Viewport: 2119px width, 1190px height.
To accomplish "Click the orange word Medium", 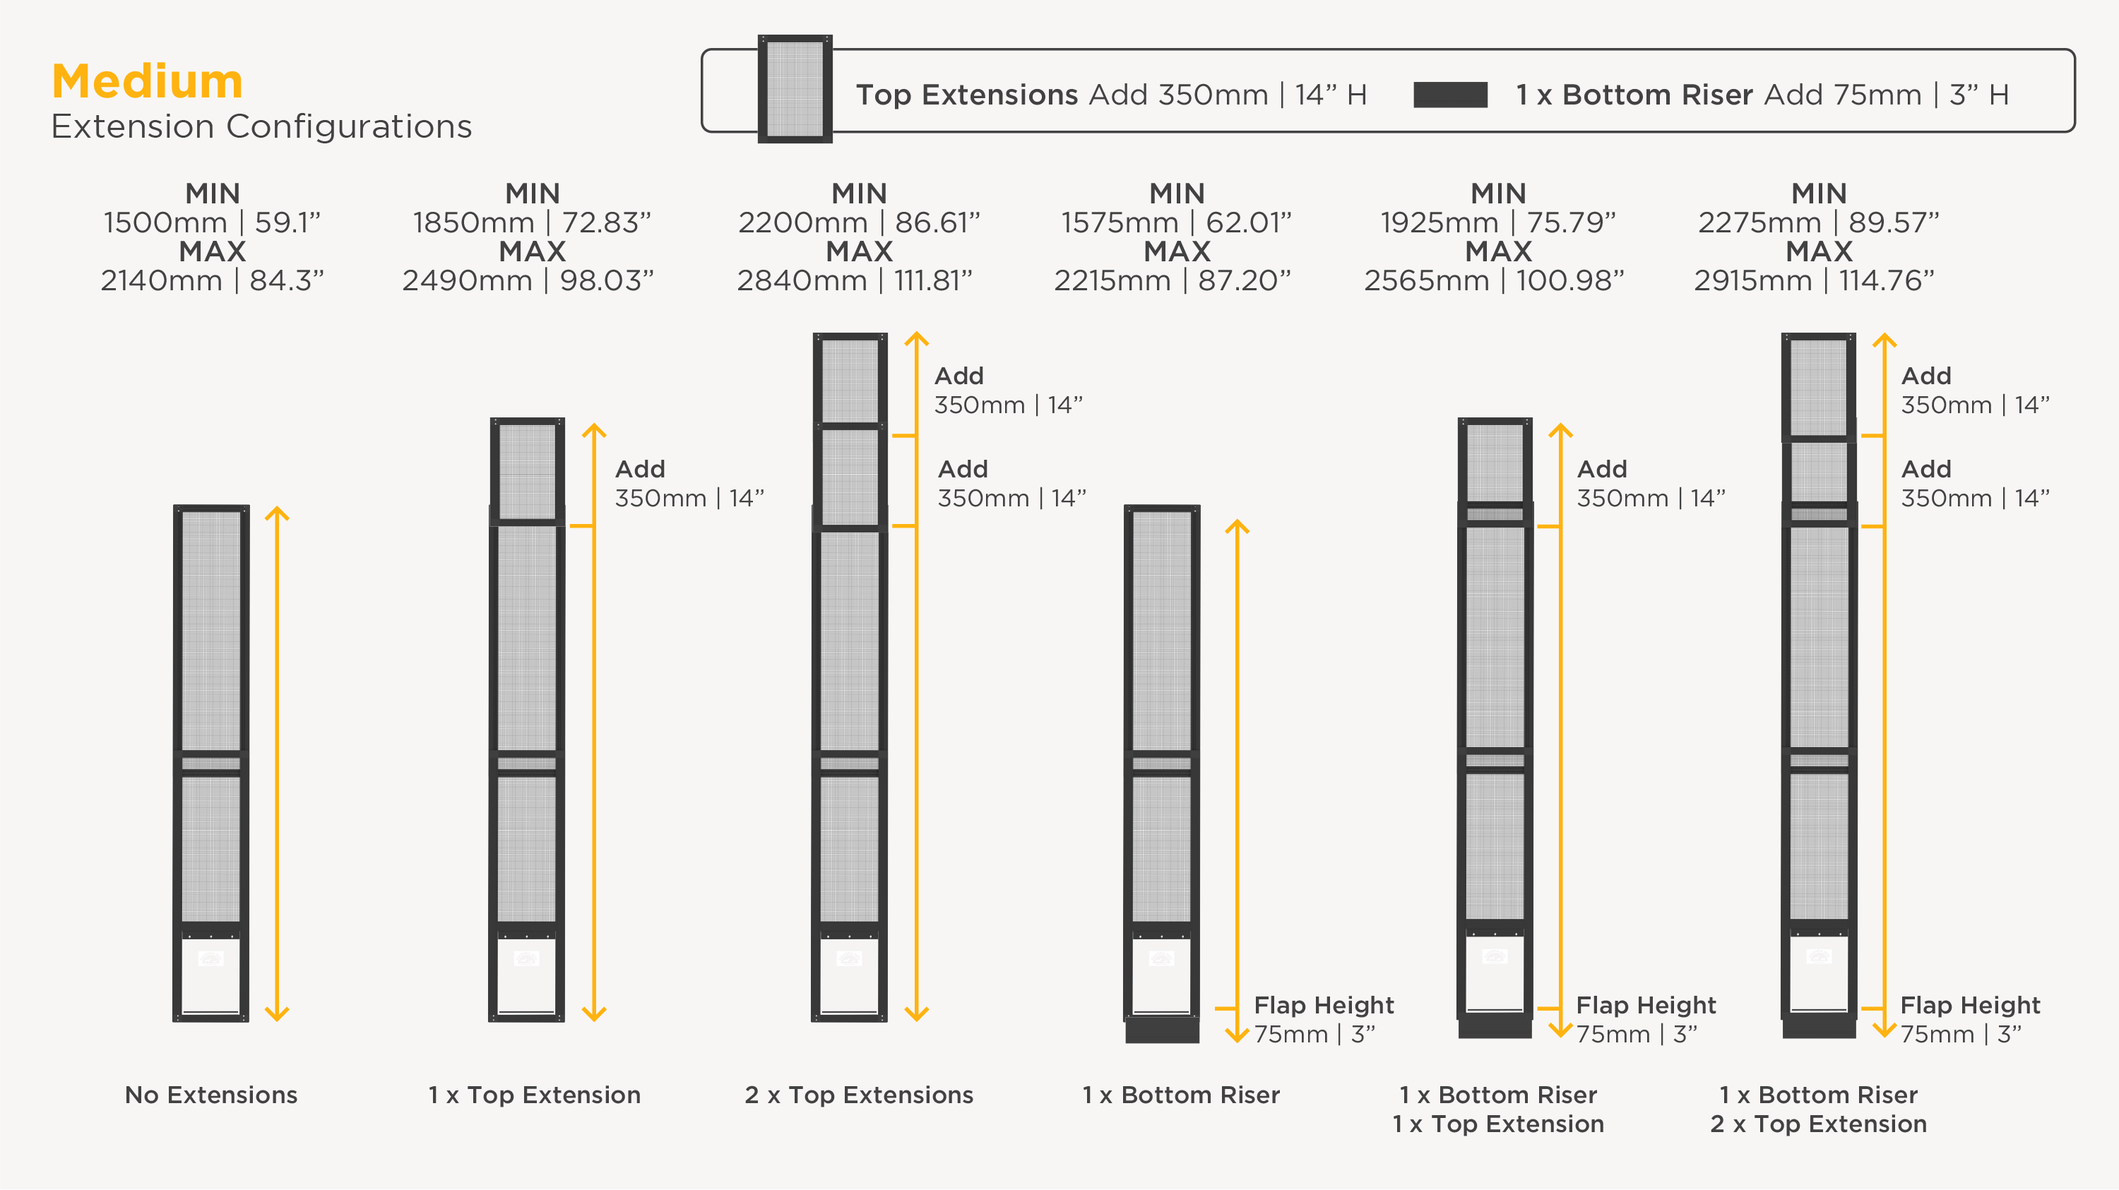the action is point(147,81).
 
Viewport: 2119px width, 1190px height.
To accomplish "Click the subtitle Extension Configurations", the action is point(261,126).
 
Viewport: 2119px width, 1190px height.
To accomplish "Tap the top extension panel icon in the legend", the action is point(795,89).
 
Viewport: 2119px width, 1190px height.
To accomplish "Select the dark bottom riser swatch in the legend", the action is point(1450,95).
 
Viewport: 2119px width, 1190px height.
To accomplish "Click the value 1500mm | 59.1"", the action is point(211,222).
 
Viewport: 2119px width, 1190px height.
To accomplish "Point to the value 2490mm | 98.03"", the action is point(528,280).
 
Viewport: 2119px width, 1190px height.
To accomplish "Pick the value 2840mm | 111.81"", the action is point(854,280).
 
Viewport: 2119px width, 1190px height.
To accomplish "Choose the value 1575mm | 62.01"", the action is point(1175,222).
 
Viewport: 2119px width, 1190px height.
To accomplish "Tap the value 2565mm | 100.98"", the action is point(1494,280).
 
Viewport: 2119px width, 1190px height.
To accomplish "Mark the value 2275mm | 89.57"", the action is point(1818,222).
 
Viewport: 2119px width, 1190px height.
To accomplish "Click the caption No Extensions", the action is point(211,1095).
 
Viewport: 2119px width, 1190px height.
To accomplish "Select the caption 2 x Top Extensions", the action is point(859,1095).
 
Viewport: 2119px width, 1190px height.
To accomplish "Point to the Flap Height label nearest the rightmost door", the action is point(1970,1005).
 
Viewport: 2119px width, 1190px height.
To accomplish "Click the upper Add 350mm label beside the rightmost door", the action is point(1975,391).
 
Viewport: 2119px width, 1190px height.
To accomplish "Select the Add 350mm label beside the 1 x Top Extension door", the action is point(689,484).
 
